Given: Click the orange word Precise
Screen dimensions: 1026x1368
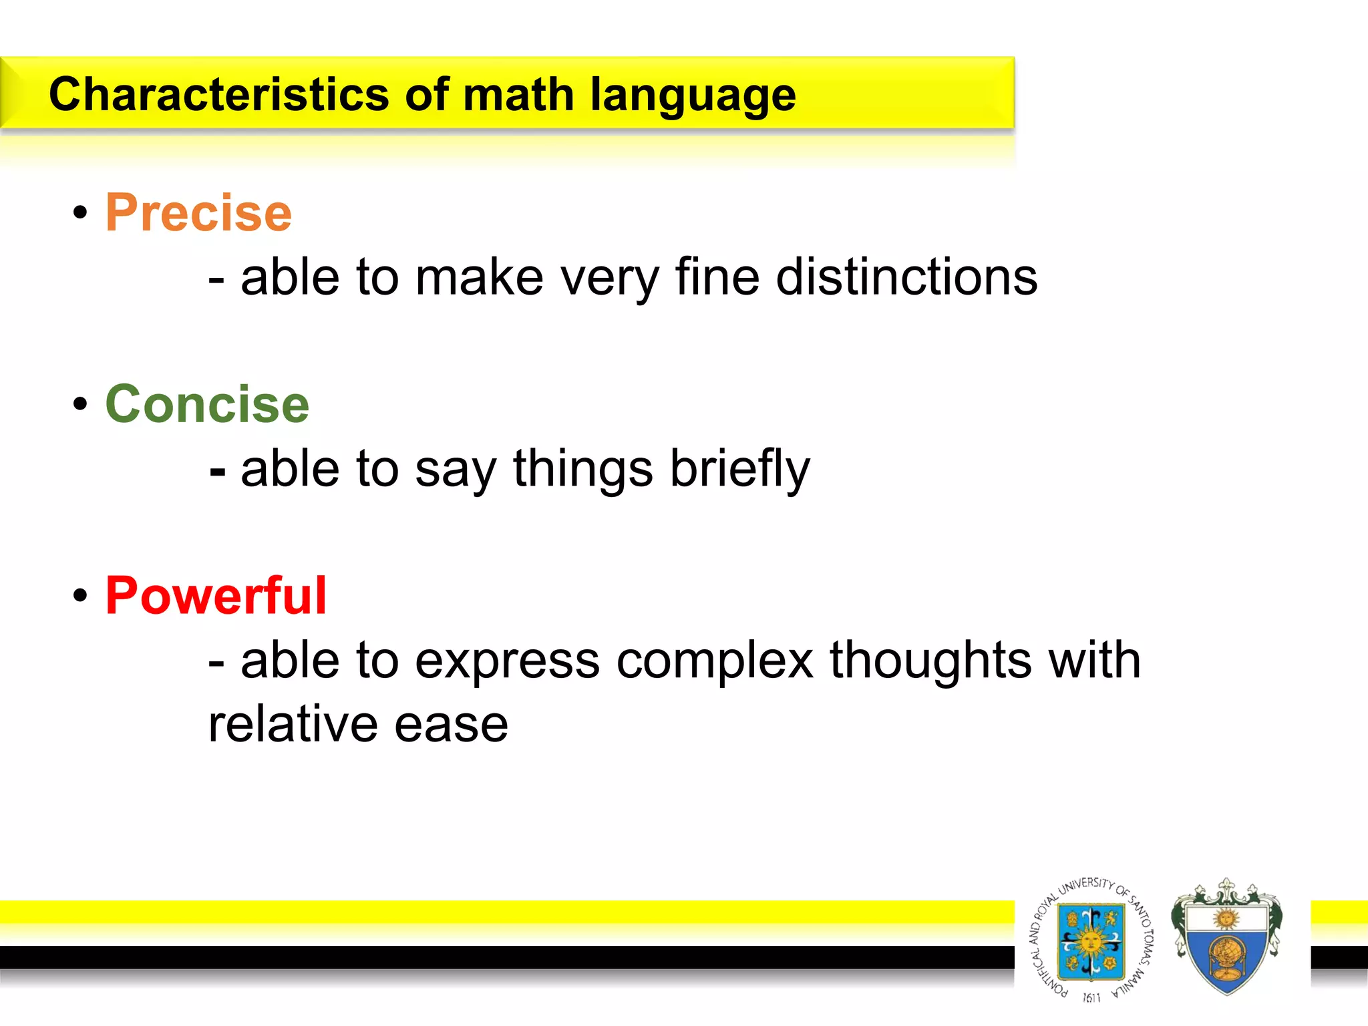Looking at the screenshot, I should click(x=198, y=213).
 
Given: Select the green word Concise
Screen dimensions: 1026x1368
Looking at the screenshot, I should click(x=207, y=405).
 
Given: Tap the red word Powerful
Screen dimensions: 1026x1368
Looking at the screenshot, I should click(x=216, y=596).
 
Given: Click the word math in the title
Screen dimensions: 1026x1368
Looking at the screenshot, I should click(x=518, y=94).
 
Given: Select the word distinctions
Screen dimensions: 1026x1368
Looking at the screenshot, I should click(x=906, y=277).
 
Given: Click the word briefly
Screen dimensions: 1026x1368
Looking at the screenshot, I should click(x=739, y=469).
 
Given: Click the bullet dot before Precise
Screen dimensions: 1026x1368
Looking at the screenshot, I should click(x=81, y=213).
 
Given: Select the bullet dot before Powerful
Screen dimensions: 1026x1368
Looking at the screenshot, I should click(x=81, y=596).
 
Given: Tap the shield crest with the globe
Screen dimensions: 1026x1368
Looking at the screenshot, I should click(x=1226, y=938).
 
